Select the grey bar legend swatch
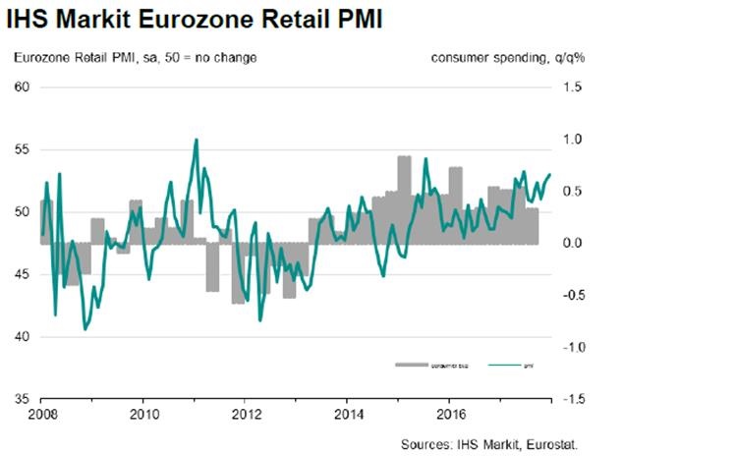pos(411,365)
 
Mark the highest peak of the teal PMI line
pos(197,140)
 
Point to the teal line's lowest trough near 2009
pos(85,330)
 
